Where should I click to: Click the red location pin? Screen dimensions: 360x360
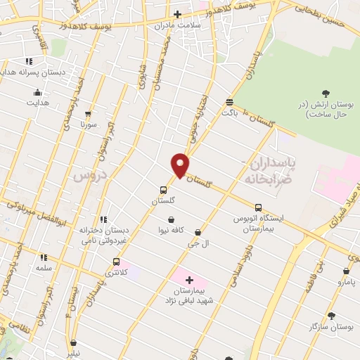point(181,166)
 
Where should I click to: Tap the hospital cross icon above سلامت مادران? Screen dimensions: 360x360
point(177,14)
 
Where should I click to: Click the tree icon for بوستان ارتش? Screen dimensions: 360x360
point(325,94)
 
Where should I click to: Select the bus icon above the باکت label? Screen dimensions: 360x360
point(229,101)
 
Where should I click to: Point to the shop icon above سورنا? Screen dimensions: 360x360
point(88,113)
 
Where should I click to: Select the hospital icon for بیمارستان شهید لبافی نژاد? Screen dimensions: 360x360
point(188,280)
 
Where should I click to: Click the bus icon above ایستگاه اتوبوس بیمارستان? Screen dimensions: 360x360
point(258,207)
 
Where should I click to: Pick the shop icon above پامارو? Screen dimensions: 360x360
point(346,271)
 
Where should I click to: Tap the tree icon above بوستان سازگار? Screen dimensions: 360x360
point(331,316)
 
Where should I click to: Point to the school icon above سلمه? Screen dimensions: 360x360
point(44,258)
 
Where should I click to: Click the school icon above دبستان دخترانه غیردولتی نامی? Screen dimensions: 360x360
point(104,219)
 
